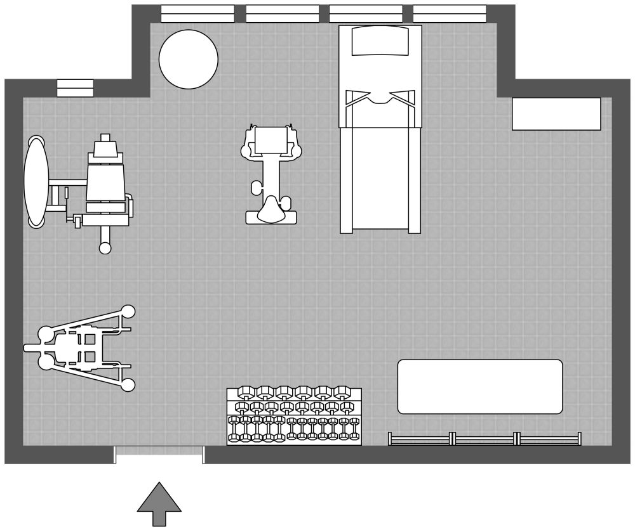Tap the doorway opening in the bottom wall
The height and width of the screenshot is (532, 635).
point(159,454)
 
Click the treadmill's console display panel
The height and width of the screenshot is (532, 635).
point(380,41)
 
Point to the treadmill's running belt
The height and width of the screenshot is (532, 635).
point(380,178)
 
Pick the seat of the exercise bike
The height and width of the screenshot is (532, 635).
point(272,209)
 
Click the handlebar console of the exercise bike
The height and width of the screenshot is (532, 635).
point(271,140)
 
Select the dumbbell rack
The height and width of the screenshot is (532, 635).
point(294,416)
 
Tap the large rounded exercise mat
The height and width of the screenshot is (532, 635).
point(480,387)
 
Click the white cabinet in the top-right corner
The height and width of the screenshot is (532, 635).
point(556,114)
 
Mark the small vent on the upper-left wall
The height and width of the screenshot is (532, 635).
point(75,88)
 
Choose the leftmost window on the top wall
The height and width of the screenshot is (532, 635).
point(197,13)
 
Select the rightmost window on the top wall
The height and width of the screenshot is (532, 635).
point(450,13)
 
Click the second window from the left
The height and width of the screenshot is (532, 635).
point(282,13)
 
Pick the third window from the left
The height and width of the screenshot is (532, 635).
point(366,13)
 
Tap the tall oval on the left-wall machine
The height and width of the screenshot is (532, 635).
point(36,181)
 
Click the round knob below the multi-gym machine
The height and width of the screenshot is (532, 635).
point(105,248)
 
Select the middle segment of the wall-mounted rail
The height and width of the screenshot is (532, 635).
point(485,439)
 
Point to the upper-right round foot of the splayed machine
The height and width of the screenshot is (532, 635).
point(128,311)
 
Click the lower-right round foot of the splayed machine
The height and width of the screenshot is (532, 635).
point(128,384)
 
